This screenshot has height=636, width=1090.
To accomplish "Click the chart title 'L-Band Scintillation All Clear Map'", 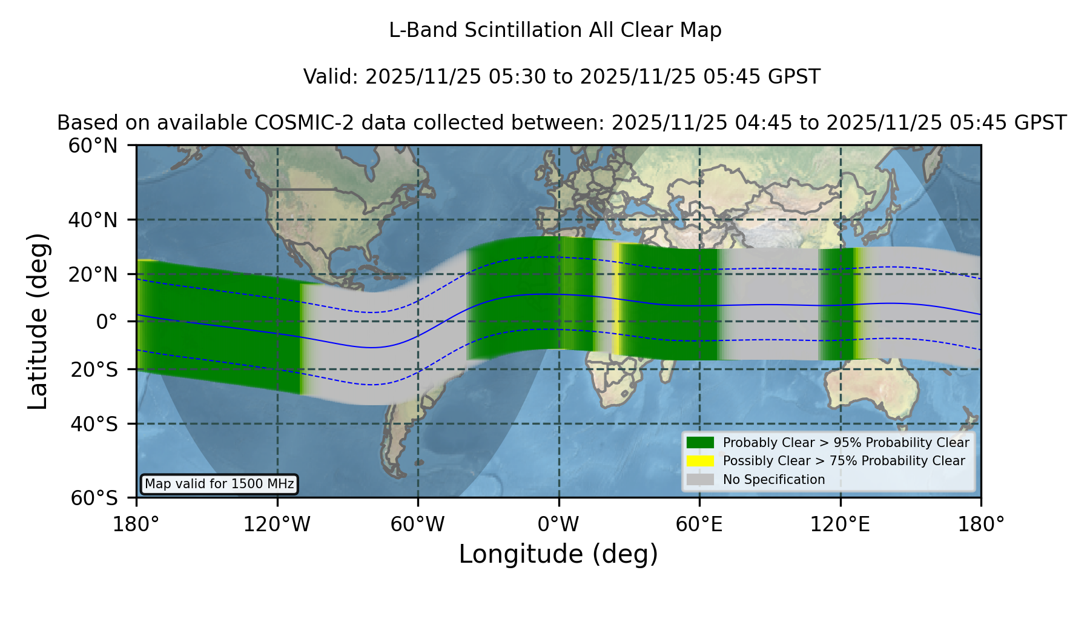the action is click(x=555, y=30).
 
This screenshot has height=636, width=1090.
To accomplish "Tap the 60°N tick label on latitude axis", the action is click(x=93, y=146).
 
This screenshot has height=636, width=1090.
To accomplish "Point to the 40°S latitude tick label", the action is click(x=94, y=424).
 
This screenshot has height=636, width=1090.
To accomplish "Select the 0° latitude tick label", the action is click(x=107, y=322).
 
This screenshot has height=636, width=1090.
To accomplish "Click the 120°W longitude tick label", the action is click(x=277, y=525).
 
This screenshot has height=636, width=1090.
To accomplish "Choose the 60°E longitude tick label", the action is click(x=699, y=525).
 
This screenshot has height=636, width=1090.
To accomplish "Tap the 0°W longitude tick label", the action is click(x=558, y=525).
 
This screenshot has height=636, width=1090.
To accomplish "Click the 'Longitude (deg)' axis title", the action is click(x=558, y=554).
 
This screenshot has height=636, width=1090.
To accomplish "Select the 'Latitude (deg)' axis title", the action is click(x=38, y=321).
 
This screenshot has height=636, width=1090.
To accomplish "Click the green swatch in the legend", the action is click(x=700, y=442).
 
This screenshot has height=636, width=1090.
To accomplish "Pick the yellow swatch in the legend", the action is click(x=700, y=461).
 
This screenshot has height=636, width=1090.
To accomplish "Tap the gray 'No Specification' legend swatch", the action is click(x=700, y=480).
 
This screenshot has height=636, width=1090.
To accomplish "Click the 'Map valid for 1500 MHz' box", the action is click(x=219, y=484).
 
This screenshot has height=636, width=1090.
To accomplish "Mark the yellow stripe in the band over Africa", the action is click(x=616, y=298).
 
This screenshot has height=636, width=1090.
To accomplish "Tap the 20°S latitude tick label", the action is click(x=94, y=369).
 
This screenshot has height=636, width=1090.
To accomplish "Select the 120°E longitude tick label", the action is click(x=840, y=525).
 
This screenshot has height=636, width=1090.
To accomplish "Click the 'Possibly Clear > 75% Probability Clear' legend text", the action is click(x=844, y=461).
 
